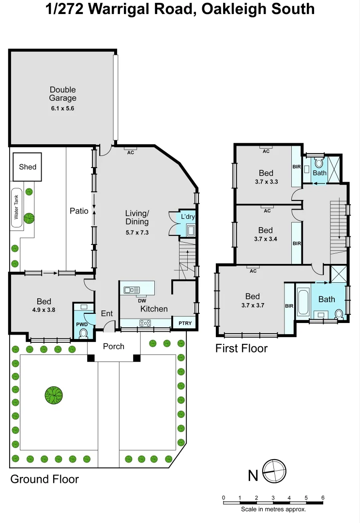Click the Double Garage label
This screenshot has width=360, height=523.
(63, 94)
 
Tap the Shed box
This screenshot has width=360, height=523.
(28, 167)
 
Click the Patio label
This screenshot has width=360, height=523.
(79, 211)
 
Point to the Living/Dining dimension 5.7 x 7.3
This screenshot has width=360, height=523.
(137, 232)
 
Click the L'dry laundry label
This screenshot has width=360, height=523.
(188, 216)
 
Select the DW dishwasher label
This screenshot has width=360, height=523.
(141, 301)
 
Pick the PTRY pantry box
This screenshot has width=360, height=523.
(185, 323)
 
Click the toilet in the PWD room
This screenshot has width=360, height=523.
(83, 333)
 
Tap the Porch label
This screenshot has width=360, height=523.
(114, 346)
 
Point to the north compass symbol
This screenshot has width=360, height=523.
(274, 470)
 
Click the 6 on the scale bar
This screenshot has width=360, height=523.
(322, 497)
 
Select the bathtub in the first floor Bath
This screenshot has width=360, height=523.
(303, 302)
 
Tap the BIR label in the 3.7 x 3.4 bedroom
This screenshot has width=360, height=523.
(297, 244)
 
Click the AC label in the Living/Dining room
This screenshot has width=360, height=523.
(130, 152)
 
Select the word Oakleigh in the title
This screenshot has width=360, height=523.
(225, 9)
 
